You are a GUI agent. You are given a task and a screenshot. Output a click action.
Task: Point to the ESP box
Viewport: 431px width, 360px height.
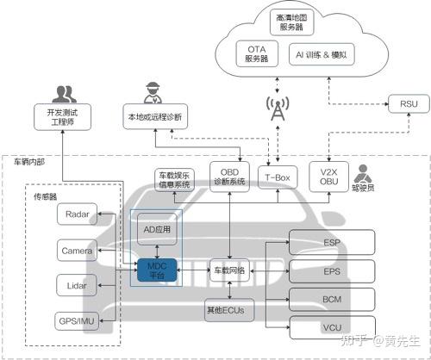[332, 242]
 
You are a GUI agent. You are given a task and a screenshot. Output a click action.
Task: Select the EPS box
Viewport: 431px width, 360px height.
[332, 270]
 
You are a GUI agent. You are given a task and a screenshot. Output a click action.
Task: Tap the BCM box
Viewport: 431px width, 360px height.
[332, 299]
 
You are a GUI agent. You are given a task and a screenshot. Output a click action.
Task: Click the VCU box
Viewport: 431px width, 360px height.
[332, 327]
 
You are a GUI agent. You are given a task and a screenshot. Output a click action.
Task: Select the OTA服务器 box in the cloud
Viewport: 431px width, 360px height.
[256, 53]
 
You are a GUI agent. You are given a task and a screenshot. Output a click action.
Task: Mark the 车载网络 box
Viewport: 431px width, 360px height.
[229, 270]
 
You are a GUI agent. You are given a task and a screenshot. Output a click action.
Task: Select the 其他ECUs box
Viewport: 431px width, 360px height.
[226, 308]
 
